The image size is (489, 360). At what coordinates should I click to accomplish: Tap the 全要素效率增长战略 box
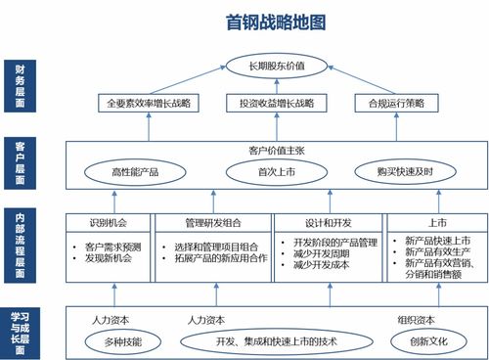[x=149, y=103]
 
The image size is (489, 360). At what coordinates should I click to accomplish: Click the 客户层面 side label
[x=21, y=162]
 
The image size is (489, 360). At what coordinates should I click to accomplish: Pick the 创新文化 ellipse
[x=422, y=341]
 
